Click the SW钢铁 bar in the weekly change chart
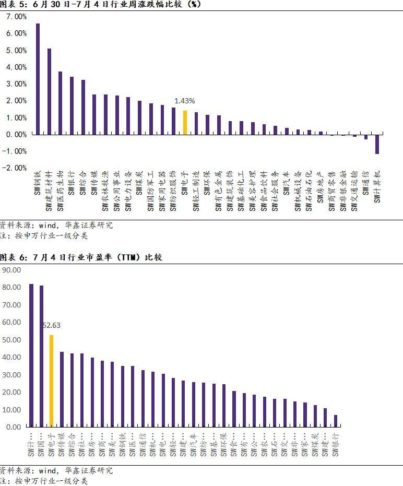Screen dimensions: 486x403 coord(38,79)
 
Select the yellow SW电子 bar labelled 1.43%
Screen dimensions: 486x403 coord(185,122)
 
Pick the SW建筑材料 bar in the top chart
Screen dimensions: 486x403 coord(49,91)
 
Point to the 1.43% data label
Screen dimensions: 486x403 coord(185,101)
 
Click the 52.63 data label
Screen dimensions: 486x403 coord(51,325)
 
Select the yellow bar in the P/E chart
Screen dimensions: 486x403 coord(51,381)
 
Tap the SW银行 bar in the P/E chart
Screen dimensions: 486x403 coord(336,421)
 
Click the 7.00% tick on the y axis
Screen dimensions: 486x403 coord(16,17)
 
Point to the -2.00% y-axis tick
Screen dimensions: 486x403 coord(16,168)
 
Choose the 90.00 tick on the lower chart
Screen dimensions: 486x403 coord(11,270)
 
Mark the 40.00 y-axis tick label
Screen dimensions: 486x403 coord(11,357)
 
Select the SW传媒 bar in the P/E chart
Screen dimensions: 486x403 coord(62,389)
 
